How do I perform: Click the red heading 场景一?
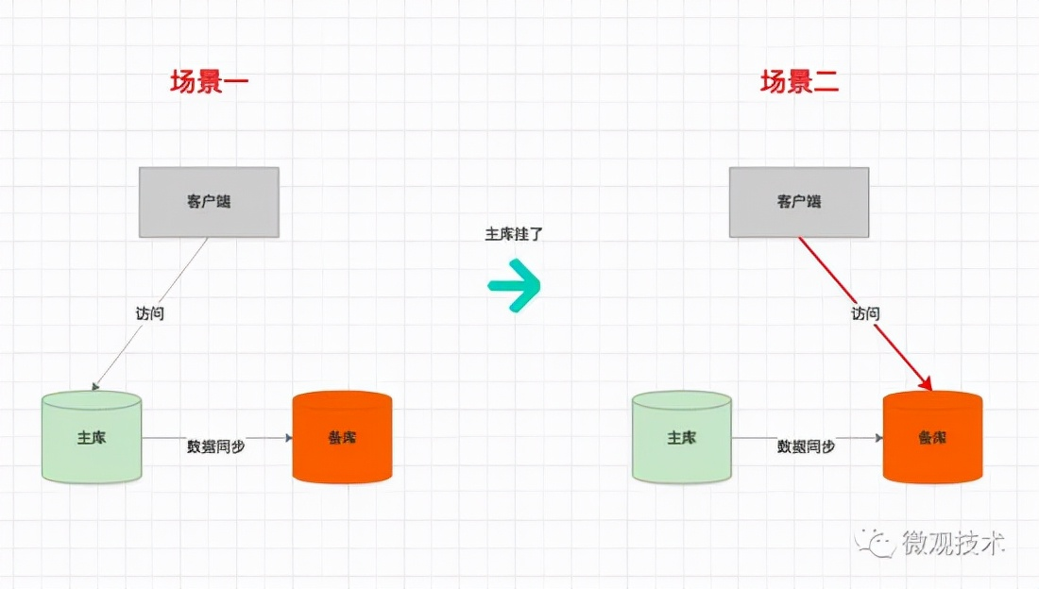pos(209,82)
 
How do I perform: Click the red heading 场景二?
pos(799,82)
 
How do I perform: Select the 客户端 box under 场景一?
pos(209,202)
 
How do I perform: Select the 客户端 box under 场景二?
pos(799,202)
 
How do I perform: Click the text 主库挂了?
pos(514,234)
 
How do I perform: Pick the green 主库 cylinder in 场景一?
pos(92,438)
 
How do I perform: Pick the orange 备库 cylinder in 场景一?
pos(342,438)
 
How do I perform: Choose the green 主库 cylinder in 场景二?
pos(681,438)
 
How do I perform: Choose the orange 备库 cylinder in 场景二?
pos(932,438)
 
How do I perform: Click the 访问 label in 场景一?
pos(150,313)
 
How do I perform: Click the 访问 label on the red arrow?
pos(865,313)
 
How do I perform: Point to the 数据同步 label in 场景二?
pos(806,446)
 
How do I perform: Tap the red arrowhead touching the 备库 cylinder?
pos(927,384)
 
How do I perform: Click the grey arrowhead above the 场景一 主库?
pos(94,386)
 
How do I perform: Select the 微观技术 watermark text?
pos(953,543)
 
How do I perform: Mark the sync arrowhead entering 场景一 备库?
pos(288,438)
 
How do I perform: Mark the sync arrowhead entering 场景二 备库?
pos(878,438)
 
